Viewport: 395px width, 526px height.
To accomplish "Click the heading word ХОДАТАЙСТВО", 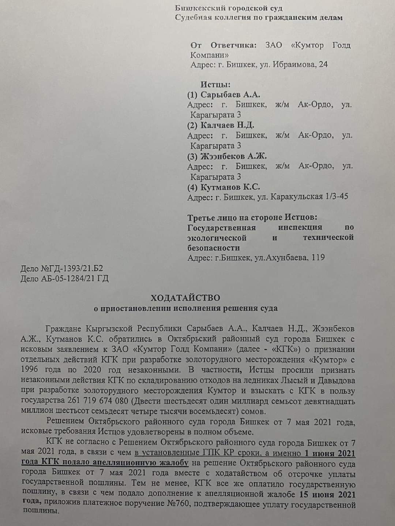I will point(186,297).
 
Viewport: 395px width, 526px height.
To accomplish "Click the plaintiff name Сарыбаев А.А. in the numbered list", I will point(230,95).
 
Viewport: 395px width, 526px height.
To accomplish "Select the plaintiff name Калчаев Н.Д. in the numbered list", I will point(227,125).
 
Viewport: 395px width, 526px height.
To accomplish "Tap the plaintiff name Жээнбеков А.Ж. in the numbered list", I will point(234,156).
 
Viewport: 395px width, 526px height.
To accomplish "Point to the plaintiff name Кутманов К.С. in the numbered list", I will point(230,187).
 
